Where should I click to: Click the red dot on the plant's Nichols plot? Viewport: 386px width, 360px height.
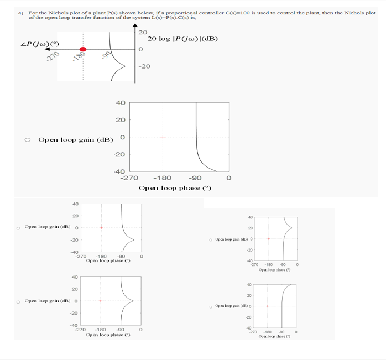(83, 49)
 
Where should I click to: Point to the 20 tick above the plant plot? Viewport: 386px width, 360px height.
(143, 32)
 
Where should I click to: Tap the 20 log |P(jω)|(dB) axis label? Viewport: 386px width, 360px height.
(183, 39)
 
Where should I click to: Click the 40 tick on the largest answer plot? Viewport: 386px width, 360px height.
(120, 103)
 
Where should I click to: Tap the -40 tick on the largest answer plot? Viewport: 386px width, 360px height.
(120, 171)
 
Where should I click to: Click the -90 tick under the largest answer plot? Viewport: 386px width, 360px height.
(195, 178)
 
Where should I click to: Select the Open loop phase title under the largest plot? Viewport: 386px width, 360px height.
(175, 189)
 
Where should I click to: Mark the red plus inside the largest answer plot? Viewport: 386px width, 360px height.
(163, 137)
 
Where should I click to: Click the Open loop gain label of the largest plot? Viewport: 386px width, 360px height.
(75, 139)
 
